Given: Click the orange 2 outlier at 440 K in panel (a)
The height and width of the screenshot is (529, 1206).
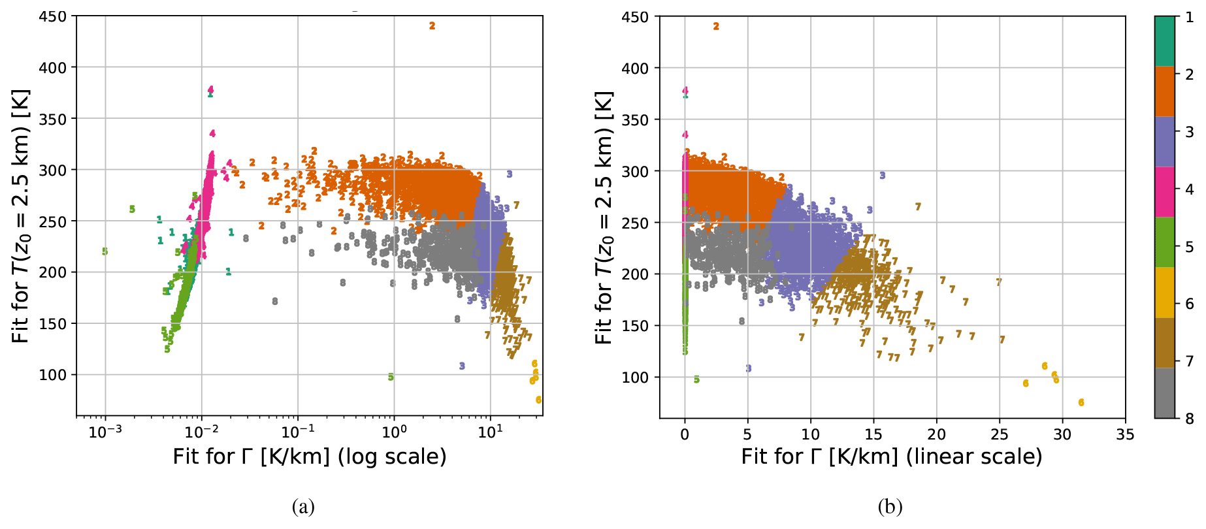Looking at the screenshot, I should click(x=432, y=26).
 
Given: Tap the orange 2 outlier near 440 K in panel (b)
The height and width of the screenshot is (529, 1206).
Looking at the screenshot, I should click(x=716, y=27).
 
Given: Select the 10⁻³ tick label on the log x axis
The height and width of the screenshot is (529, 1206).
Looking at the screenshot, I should click(x=105, y=432).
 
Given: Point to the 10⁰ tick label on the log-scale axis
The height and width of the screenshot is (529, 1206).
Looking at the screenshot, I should click(x=394, y=432).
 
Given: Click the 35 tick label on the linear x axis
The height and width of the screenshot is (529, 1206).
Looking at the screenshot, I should click(x=1125, y=434).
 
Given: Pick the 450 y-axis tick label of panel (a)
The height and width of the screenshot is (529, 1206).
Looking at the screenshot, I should click(x=53, y=16).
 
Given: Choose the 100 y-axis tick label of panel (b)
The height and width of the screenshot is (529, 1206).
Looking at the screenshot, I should click(x=636, y=377).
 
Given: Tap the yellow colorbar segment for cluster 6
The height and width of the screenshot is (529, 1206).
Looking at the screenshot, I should click(x=1164, y=293).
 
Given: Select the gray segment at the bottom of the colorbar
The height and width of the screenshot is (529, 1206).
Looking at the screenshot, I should click(x=1164, y=393).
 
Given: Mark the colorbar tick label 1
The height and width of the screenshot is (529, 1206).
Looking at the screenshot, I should click(x=1189, y=18).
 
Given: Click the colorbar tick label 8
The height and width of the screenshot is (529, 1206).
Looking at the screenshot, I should click(x=1189, y=419).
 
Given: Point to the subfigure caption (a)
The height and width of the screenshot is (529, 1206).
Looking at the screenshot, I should click(x=303, y=507).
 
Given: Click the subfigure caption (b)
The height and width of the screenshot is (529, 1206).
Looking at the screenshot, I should click(x=890, y=507).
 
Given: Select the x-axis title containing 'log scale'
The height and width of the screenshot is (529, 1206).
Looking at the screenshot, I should click(x=310, y=457).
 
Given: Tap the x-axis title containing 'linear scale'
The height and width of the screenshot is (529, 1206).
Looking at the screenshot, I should click(x=891, y=457).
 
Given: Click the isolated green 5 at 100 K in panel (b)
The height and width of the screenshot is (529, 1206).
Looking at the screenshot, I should click(x=696, y=379).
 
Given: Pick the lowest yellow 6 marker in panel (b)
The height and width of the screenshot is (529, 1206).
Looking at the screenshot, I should click(x=1081, y=402).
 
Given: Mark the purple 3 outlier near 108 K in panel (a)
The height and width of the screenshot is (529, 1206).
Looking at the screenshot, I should click(x=462, y=366).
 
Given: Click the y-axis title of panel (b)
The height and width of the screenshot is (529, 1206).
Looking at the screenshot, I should click(x=603, y=218).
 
